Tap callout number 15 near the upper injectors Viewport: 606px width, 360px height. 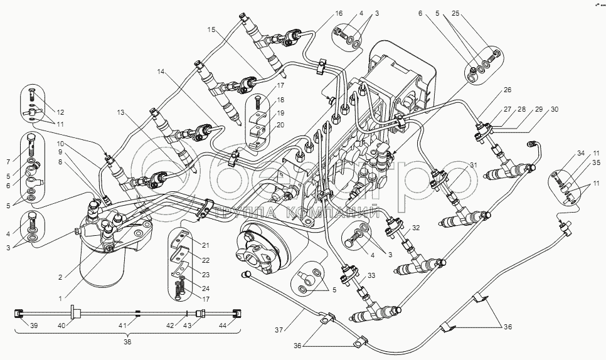(x=211, y=29)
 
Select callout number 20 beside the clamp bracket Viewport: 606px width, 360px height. (x=281, y=125)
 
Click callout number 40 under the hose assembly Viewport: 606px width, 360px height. (x=61, y=325)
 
